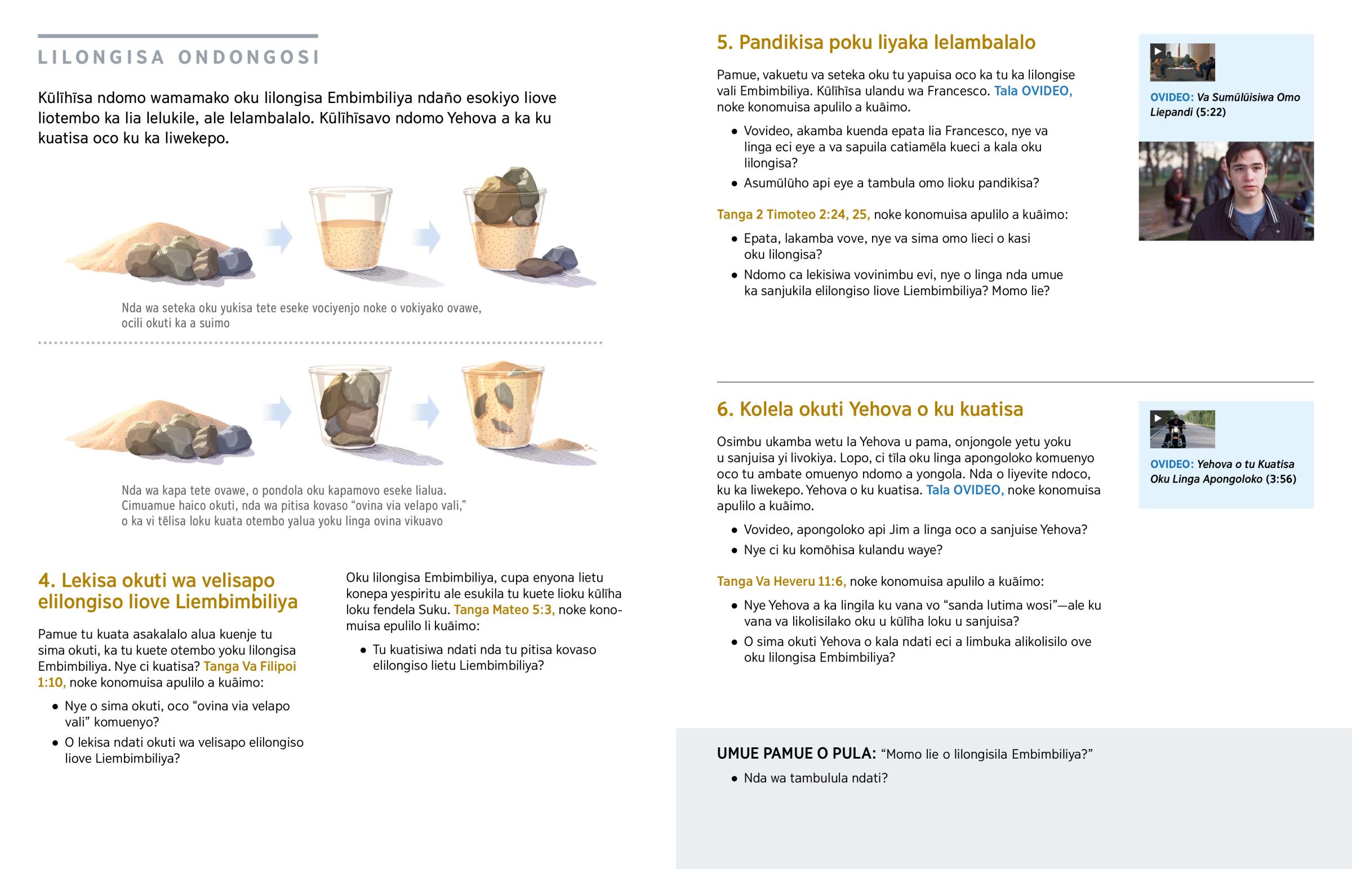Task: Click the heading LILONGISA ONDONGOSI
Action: tap(179, 57)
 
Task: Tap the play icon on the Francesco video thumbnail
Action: tap(1157, 51)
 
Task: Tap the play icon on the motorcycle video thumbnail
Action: tap(1157, 418)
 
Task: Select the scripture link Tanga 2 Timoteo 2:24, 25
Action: tap(793, 215)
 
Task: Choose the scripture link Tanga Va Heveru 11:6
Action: tap(781, 581)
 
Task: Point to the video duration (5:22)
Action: tap(1211, 112)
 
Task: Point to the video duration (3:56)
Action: tap(1281, 479)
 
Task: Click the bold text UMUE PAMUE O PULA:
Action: tap(796, 754)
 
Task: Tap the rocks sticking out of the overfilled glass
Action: tap(506, 196)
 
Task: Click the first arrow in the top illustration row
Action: tap(278, 237)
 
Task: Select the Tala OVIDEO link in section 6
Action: tap(965, 490)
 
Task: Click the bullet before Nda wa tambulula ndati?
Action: tap(734, 779)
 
